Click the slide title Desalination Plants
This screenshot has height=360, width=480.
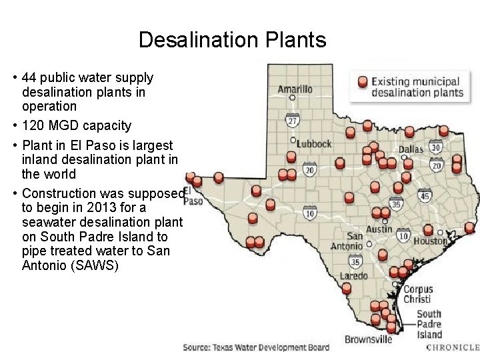coord(232,41)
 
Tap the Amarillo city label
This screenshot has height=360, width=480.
coord(295,89)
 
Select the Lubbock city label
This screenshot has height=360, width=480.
coord(314,143)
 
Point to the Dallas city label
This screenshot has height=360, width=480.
coord(411,149)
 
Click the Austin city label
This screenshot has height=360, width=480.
coord(379,229)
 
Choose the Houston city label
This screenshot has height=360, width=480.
coord(430,241)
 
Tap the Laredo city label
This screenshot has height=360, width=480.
coord(353,276)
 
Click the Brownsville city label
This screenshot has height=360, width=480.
coord(368,339)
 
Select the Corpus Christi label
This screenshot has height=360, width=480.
coord(418,294)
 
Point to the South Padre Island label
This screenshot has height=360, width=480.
coord(429,324)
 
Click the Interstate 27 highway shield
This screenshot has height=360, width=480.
coord(292,121)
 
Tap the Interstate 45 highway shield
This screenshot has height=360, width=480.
coord(425,195)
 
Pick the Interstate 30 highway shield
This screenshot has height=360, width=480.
coord(435,148)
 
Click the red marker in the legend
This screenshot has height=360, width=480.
coord(362,82)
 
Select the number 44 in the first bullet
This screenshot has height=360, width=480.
coord(29,77)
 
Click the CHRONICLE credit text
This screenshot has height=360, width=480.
coord(453,347)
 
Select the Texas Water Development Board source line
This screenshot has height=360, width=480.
coord(256,347)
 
